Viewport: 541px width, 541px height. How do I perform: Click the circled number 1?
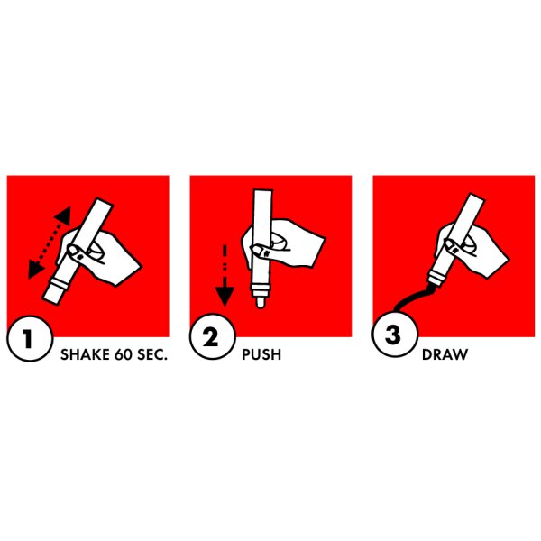coord(30,339)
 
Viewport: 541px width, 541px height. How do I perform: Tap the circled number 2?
coord(212,337)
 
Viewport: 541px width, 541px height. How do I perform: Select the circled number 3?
coord(395,335)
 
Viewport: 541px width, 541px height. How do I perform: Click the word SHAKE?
coord(86,354)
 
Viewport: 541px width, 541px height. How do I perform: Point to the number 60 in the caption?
coord(124,354)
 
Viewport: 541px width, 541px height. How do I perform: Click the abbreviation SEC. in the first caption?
coord(152,354)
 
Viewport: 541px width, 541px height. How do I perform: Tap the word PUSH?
coord(261,354)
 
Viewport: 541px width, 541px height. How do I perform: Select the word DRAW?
coord(445,354)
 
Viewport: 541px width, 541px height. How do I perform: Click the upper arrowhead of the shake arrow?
coord(63,215)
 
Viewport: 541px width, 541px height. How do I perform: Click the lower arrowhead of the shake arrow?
coord(34,270)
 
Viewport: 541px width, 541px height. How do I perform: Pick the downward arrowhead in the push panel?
coord(225,297)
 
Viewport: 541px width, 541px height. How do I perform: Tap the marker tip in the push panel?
coord(261,302)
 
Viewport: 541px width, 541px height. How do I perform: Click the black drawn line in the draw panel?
coord(413,297)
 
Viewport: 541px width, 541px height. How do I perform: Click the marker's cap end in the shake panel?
coord(52,294)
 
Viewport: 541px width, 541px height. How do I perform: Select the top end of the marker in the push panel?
coord(263,189)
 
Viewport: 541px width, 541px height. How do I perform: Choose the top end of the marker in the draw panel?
coord(476,197)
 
